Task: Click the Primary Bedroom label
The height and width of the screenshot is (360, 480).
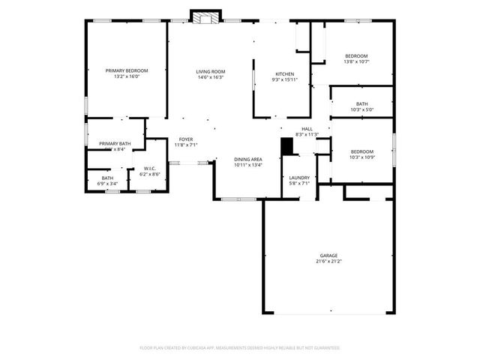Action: tap(126, 70)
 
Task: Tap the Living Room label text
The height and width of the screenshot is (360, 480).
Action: tap(211, 71)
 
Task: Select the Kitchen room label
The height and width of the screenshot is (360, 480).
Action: tap(284, 73)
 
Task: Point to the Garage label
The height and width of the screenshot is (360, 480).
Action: tap(328, 256)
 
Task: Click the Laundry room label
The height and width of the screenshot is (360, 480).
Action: tap(299, 178)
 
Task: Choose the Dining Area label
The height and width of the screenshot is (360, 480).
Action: tap(247, 159)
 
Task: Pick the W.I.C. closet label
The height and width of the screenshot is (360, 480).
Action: tap(149, 168)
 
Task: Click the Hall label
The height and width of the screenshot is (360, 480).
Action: tap(307, 129)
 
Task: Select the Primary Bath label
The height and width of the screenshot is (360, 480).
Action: tap(115, 143)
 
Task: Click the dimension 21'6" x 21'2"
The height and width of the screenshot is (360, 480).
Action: tap(328, 261)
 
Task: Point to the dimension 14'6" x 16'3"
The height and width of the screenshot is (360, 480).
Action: tap(211, 76)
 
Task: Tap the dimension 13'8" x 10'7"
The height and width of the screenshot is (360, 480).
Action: tap(356, 61)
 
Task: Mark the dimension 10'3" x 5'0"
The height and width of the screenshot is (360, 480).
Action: tap(362, 109)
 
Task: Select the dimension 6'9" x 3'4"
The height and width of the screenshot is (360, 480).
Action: tap(108, 183)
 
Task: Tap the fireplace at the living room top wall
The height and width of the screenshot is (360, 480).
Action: tap(207, 16)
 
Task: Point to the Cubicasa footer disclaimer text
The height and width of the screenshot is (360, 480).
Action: tap(240, 347)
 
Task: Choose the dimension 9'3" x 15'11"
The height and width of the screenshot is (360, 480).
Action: tap(284, 79)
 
